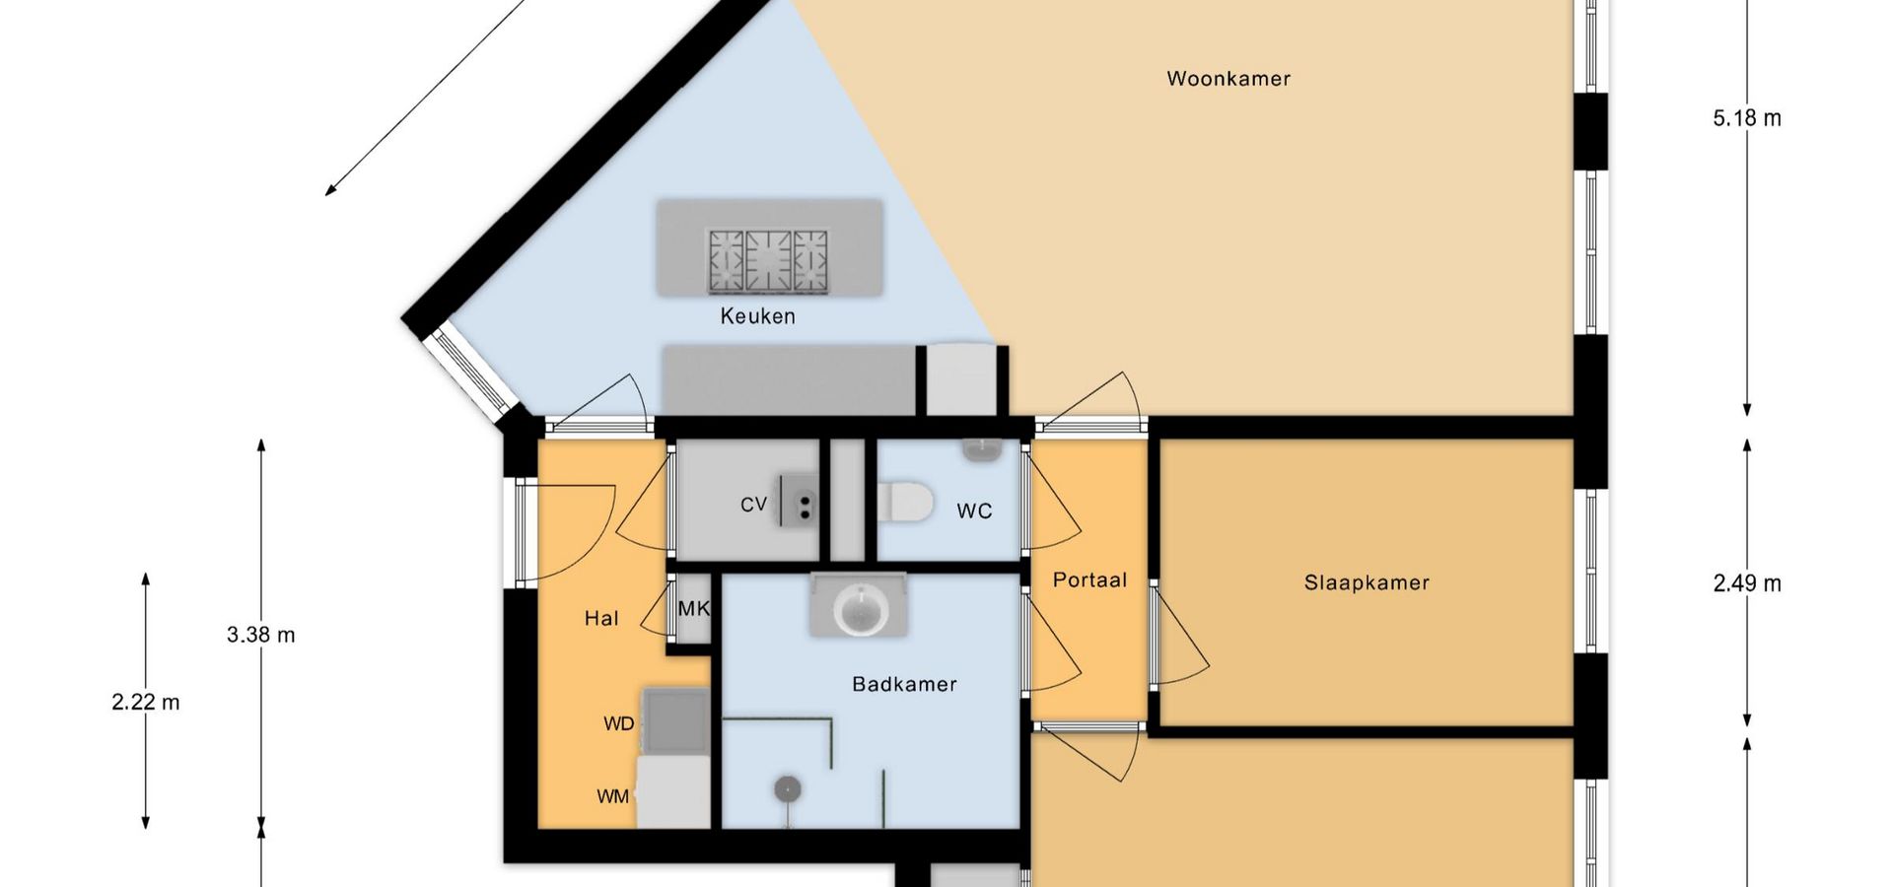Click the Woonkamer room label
pos(1228,79)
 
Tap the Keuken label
pos(757,316)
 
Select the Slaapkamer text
pos(1367,582)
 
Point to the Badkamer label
pos(904,684)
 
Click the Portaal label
pos(1089,580)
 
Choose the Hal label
pos(601,619)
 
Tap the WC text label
pos(974,511)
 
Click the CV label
pos(753,505)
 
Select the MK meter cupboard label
pos(694,609)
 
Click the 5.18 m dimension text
pos(1747,118)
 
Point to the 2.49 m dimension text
pos(1747,583)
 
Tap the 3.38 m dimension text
pos(261,635)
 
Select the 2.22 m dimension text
pos(146,702)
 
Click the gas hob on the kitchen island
pos(768,261)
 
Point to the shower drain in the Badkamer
pos(787,788)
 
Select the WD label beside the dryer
pos(619,724)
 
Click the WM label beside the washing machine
pos(613,796)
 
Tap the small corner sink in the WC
pos(982,450)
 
